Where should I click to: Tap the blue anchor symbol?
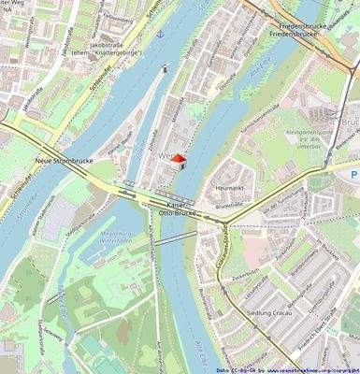coord(160,34)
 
